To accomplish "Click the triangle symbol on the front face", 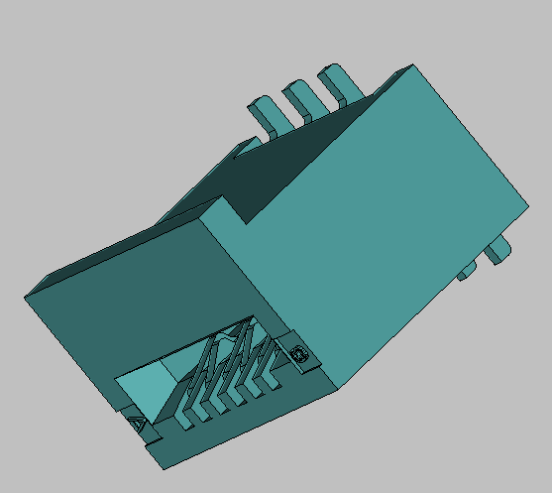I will (137, 425).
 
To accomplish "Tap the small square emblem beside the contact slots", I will (299, 352).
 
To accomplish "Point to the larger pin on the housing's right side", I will (497, 249).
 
